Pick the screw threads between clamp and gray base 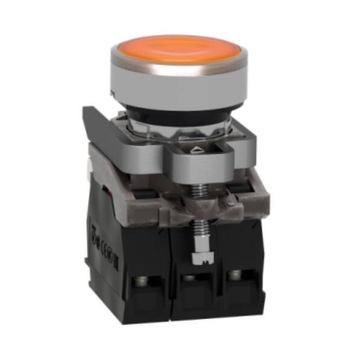click(195, 190)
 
